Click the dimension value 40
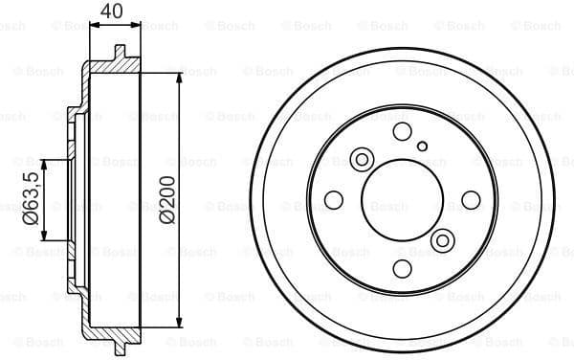112,11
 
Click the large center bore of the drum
402,199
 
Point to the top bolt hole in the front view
402,131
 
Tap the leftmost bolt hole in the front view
333,199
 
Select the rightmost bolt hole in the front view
471,199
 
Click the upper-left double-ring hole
363,159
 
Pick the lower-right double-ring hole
441,239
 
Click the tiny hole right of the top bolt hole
423,146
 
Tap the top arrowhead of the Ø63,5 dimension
44,163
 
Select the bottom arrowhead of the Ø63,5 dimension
44,236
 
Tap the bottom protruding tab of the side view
120,346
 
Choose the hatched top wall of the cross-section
110,67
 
